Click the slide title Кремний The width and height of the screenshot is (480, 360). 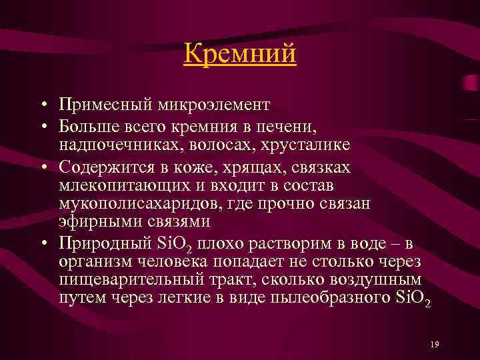239,54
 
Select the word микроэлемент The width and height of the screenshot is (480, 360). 213,105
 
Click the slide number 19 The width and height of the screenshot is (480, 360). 435,344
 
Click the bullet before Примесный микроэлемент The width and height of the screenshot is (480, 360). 43,106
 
